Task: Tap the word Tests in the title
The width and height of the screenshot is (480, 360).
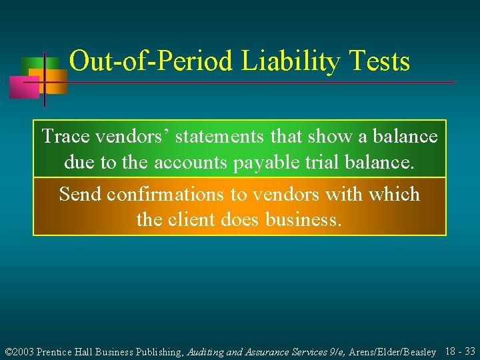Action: point(378,62)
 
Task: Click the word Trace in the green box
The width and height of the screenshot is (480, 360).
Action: point(67,137)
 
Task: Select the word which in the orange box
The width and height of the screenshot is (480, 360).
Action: point(395,194)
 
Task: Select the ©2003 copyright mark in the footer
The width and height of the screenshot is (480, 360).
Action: point(19,351)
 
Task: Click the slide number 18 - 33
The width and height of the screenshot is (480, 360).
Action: point(460,351)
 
